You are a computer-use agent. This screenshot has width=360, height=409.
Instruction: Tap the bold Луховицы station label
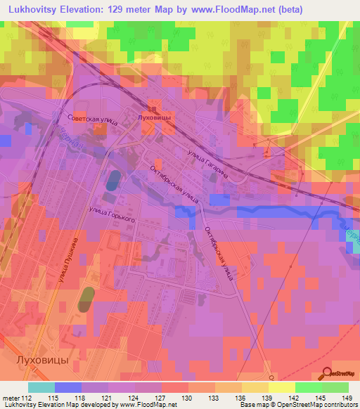(x=155, y=117)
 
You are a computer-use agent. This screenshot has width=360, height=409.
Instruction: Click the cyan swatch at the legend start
(x=41, y=387)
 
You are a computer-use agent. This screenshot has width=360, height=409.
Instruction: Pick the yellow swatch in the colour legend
(x=282, y=387)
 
